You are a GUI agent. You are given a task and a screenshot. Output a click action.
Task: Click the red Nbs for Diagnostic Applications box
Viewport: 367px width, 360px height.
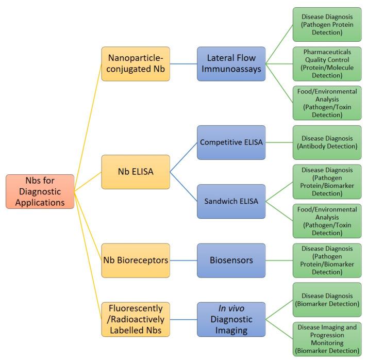[x=40, y=191]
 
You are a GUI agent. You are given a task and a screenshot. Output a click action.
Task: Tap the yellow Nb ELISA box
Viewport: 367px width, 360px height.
[x=136, y=171]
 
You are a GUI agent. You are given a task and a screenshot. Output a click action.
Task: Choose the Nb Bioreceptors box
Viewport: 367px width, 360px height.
[x=136, y=260]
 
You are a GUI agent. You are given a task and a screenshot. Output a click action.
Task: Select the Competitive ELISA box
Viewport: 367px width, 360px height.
[x=231, y=142]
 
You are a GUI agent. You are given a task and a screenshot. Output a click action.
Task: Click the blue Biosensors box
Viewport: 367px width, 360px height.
[x=231, y=260]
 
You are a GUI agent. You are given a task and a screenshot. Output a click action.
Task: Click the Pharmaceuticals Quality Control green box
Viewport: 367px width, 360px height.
[x=327, y=64]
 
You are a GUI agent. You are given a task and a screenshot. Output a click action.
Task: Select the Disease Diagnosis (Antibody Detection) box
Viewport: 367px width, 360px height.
[x=327, y=142]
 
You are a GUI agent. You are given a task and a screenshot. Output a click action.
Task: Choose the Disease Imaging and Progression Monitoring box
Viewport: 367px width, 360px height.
[x=327, y=339]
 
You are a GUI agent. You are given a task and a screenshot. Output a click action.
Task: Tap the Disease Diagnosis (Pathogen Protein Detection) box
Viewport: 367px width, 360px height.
[x=327, y=24]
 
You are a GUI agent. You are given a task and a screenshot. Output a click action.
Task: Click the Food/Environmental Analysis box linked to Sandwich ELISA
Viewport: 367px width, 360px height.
[x=327, y=221]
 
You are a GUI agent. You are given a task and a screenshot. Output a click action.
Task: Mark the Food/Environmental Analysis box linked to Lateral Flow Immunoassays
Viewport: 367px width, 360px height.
[x=327, y=103]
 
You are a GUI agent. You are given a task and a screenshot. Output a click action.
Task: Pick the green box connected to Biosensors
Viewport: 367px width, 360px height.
[x=327, y=260]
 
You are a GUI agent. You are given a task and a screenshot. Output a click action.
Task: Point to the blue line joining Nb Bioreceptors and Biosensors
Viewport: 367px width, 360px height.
[x=183, y=260]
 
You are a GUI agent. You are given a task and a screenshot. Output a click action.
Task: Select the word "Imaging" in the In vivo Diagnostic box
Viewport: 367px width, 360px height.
[x=231, y=330]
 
